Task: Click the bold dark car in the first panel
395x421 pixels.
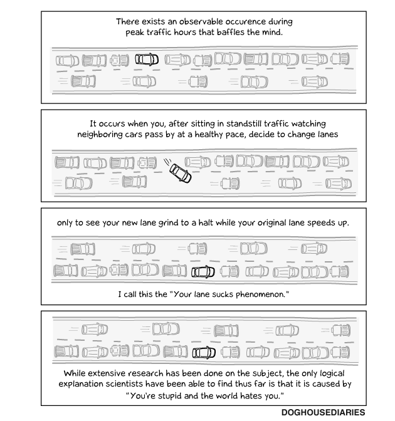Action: [x=147, y=60]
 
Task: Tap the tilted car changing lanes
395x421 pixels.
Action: [x=181, y=172]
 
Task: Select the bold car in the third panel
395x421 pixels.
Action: [x=203, y=272]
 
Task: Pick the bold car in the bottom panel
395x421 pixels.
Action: [x=204, y=352]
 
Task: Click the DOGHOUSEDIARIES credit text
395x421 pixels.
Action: [x=324, y=413]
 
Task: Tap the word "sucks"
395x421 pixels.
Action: [x=213, y=294]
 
